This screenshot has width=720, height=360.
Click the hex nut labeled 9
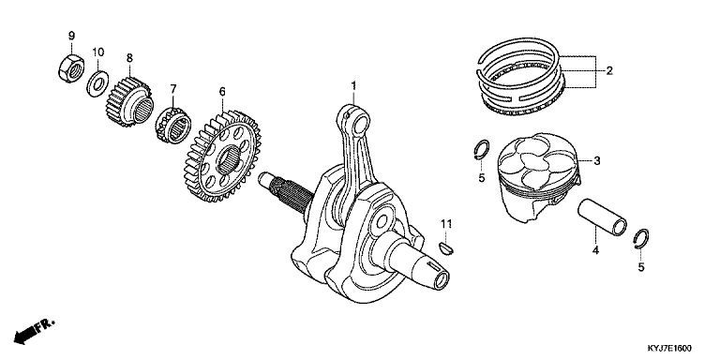(71, 68)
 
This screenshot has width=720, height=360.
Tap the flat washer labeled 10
(97, 83)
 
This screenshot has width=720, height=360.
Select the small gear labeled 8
(128, 102)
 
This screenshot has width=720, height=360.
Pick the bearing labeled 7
(173, 126)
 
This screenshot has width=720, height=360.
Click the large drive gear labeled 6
(222, 157)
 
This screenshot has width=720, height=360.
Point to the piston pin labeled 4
(602, 217)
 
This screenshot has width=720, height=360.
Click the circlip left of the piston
(481, 150)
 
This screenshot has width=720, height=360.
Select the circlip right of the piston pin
(641, 239)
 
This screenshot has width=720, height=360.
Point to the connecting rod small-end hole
(360, 125)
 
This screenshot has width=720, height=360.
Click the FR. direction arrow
(34, 331)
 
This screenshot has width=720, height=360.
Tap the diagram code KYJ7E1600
(669, 348)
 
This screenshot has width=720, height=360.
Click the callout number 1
(353, 85)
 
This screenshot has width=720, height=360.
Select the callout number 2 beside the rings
(608, 70)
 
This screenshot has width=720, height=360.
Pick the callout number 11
(446, 224)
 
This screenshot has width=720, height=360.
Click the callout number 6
(222, 92)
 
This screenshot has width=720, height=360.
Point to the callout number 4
(595, 250)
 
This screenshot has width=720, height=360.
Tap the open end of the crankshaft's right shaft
(442, 280)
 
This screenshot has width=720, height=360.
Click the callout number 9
(71, 36)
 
